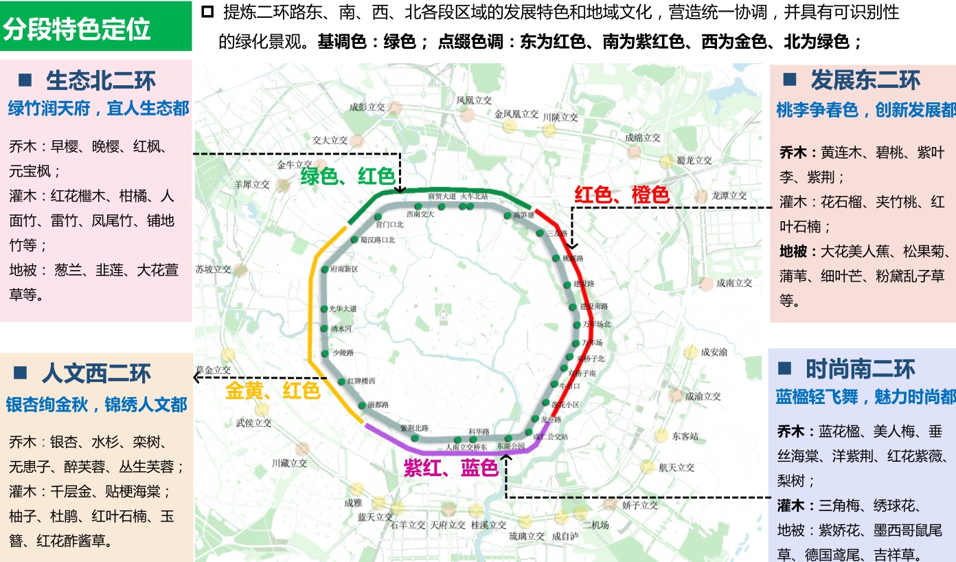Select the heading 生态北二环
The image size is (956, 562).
pos(101,80)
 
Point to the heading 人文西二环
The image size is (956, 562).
pos(95,374)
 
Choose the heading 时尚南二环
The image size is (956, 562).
pos(860,369)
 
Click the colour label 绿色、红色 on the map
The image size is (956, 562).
pos(348,177)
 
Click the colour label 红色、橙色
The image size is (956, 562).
pos(622,195)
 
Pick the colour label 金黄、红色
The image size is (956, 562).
pos(273,390)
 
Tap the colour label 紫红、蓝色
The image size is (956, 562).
pos(451,468)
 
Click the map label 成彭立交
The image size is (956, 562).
pos(367,107)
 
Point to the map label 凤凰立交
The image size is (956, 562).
pos(475,100)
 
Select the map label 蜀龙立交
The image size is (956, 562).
pos(694,161)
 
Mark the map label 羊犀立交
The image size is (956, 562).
pos(252,185)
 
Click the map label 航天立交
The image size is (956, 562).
pos(676,468)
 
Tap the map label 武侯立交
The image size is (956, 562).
pos(254,423)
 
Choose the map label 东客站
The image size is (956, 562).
pos(685,436)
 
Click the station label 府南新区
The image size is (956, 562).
pos(344,269)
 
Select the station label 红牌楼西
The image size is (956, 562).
pos(361,381)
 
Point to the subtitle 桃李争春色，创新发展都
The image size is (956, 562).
pos(865,111)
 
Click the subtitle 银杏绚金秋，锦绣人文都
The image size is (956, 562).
pos(97,405)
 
